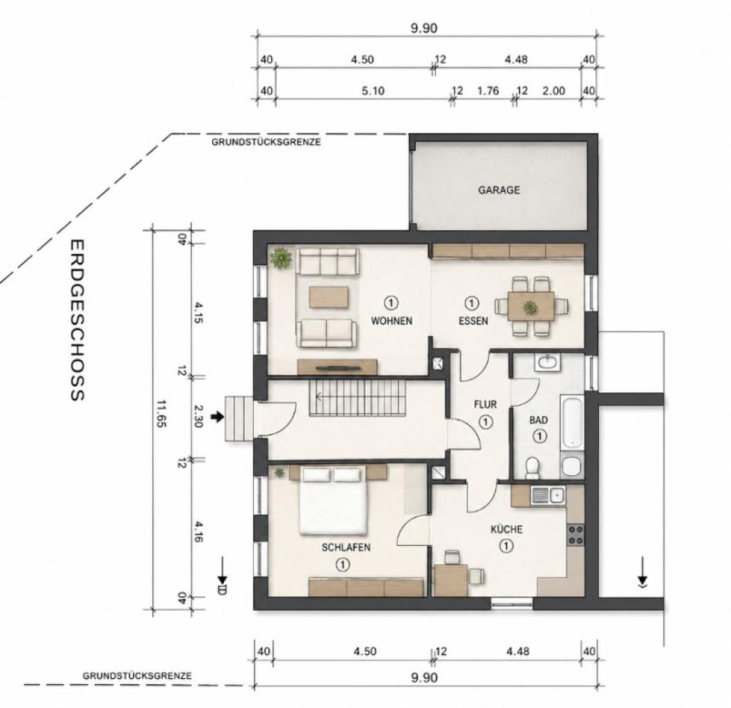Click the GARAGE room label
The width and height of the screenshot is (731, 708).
498,190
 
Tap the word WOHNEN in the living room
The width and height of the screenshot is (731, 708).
392,321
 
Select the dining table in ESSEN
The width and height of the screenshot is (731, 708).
532,306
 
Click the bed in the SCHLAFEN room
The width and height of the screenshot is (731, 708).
332,501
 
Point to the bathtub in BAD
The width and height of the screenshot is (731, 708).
572,423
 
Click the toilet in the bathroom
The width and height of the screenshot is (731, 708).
531,468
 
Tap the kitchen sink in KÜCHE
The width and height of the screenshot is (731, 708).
549,495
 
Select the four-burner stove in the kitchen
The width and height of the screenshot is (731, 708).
575,535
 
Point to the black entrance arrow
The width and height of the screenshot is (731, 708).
217,416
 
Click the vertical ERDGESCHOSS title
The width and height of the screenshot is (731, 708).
77,320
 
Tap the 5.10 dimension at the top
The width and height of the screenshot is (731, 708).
373,90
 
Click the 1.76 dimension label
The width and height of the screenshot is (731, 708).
487,90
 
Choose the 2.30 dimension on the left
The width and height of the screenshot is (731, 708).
197,416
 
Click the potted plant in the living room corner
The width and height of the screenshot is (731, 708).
281,257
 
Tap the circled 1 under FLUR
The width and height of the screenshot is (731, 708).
486,422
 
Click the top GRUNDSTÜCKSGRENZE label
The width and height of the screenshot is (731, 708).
266,142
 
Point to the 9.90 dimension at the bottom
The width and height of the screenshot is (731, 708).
423,677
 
